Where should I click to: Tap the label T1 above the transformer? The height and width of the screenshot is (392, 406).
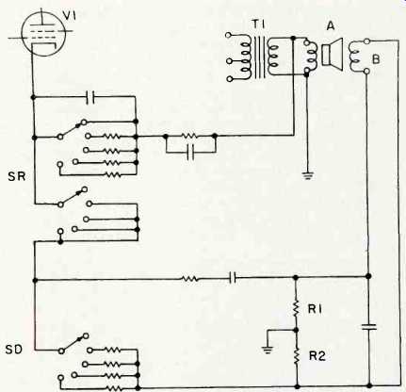[x=259, y=24]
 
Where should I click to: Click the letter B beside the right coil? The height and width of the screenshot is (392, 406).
[x=376, y=59]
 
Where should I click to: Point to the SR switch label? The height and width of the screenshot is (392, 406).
[x=16, y=176]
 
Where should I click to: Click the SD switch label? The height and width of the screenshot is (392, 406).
[x=14, y=349]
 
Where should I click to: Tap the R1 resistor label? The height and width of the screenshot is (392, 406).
[x=316, y=309]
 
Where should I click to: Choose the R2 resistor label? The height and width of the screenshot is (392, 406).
[x=317, y=356]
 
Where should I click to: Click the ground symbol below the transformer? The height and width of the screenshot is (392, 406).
[x=307, y=175]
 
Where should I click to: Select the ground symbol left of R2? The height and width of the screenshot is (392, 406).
[x=268, y=349]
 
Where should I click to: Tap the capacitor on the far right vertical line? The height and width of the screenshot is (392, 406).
[x=369, y=327]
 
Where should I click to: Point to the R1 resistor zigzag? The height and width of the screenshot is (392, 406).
[x=296, y=308]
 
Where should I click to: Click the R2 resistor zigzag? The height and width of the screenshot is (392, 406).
[x=296, y=356]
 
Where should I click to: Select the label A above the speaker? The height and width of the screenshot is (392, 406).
[x=331, y=26]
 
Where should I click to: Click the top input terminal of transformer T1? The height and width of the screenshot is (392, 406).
[x=229, y=35]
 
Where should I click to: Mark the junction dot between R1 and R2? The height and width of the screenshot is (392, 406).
[x=296, y=330]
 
